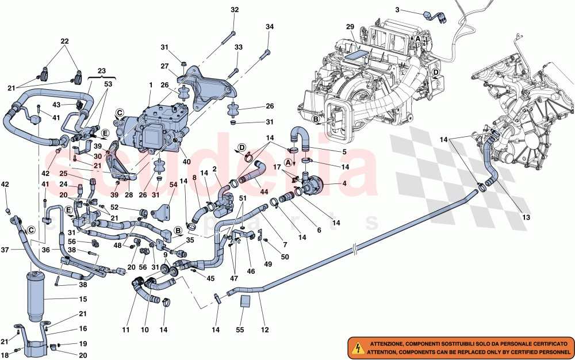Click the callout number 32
pos(234,10)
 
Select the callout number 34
pos(270,27)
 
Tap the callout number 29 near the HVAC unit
pos(350,28)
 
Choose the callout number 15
pos(83,299)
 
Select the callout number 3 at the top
pos(397,10)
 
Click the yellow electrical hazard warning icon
pos(356,347)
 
